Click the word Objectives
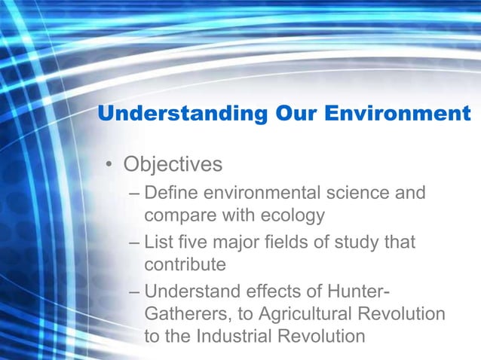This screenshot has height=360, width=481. click(173, 163)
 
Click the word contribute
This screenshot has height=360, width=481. click(185, 265)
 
